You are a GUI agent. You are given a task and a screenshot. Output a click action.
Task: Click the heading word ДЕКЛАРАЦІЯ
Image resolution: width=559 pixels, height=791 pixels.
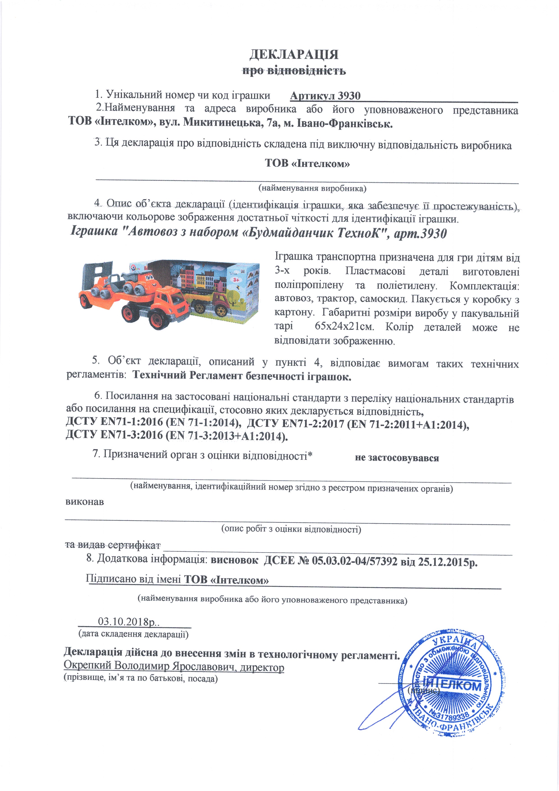pyautogui.click(x=294, y=54)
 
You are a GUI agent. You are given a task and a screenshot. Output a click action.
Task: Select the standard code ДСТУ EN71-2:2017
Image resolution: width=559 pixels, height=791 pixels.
pyautogui.click(x=295, y=423)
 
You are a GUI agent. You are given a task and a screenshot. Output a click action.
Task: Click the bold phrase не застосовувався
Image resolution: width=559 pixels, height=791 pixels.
pyautogui.click(x=397, y=458)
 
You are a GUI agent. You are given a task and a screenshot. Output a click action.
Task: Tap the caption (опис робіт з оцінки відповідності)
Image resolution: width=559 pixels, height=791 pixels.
pyautogui.click(x=291, y=529)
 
